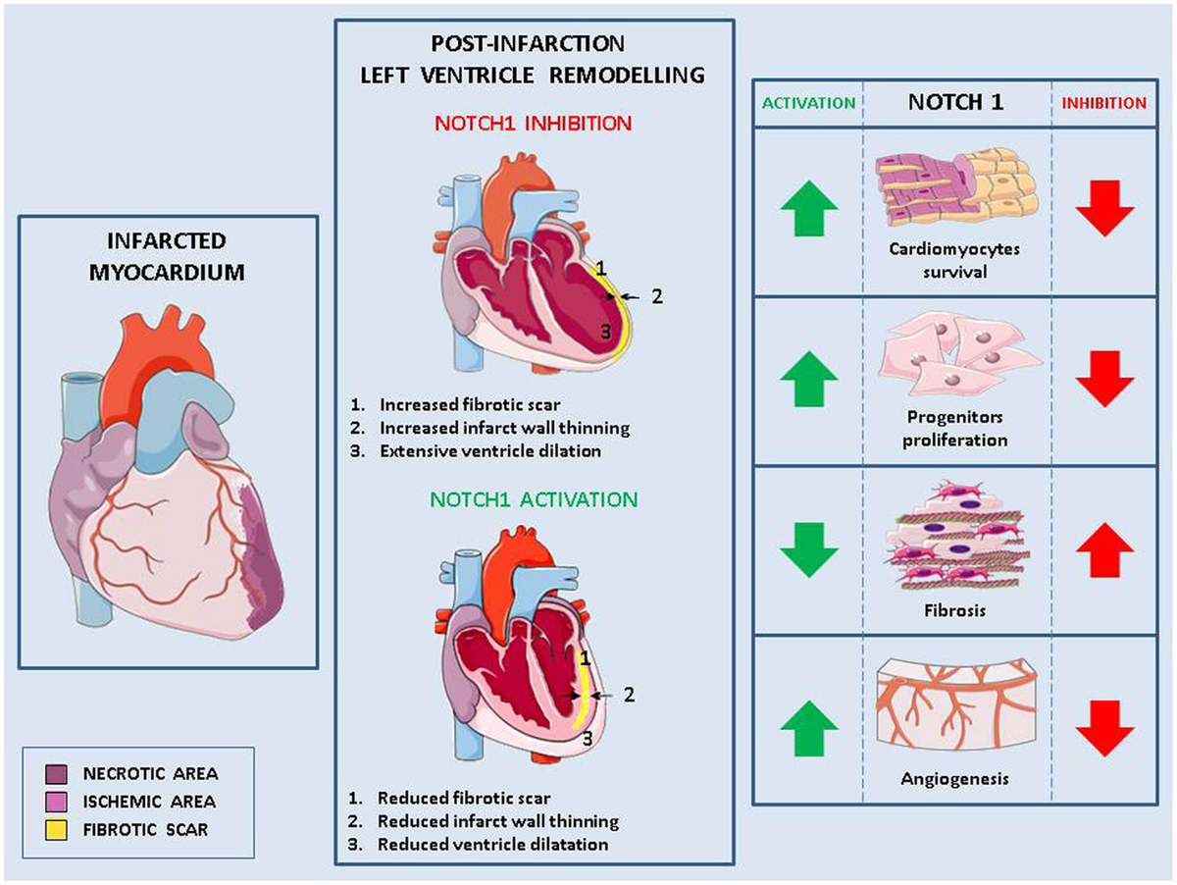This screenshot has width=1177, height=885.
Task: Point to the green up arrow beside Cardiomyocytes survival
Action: pyautogui.click(x=809, y=208)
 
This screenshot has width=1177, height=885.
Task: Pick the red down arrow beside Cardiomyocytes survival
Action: pyautogui.click(x=1104, y=208)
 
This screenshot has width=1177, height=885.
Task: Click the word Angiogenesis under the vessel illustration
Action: pyautogui.click(x=956, y=780)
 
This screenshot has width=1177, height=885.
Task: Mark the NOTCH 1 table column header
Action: pyautogui.click(x=956, y=102)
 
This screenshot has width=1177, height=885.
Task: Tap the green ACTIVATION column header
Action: pyautogui.click(x=809, y=102)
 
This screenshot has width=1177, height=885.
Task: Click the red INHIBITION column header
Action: pyautogui.click(x=1104, y=102)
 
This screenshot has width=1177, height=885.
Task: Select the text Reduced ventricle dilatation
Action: pyautogui.click(x=481, y=843)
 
